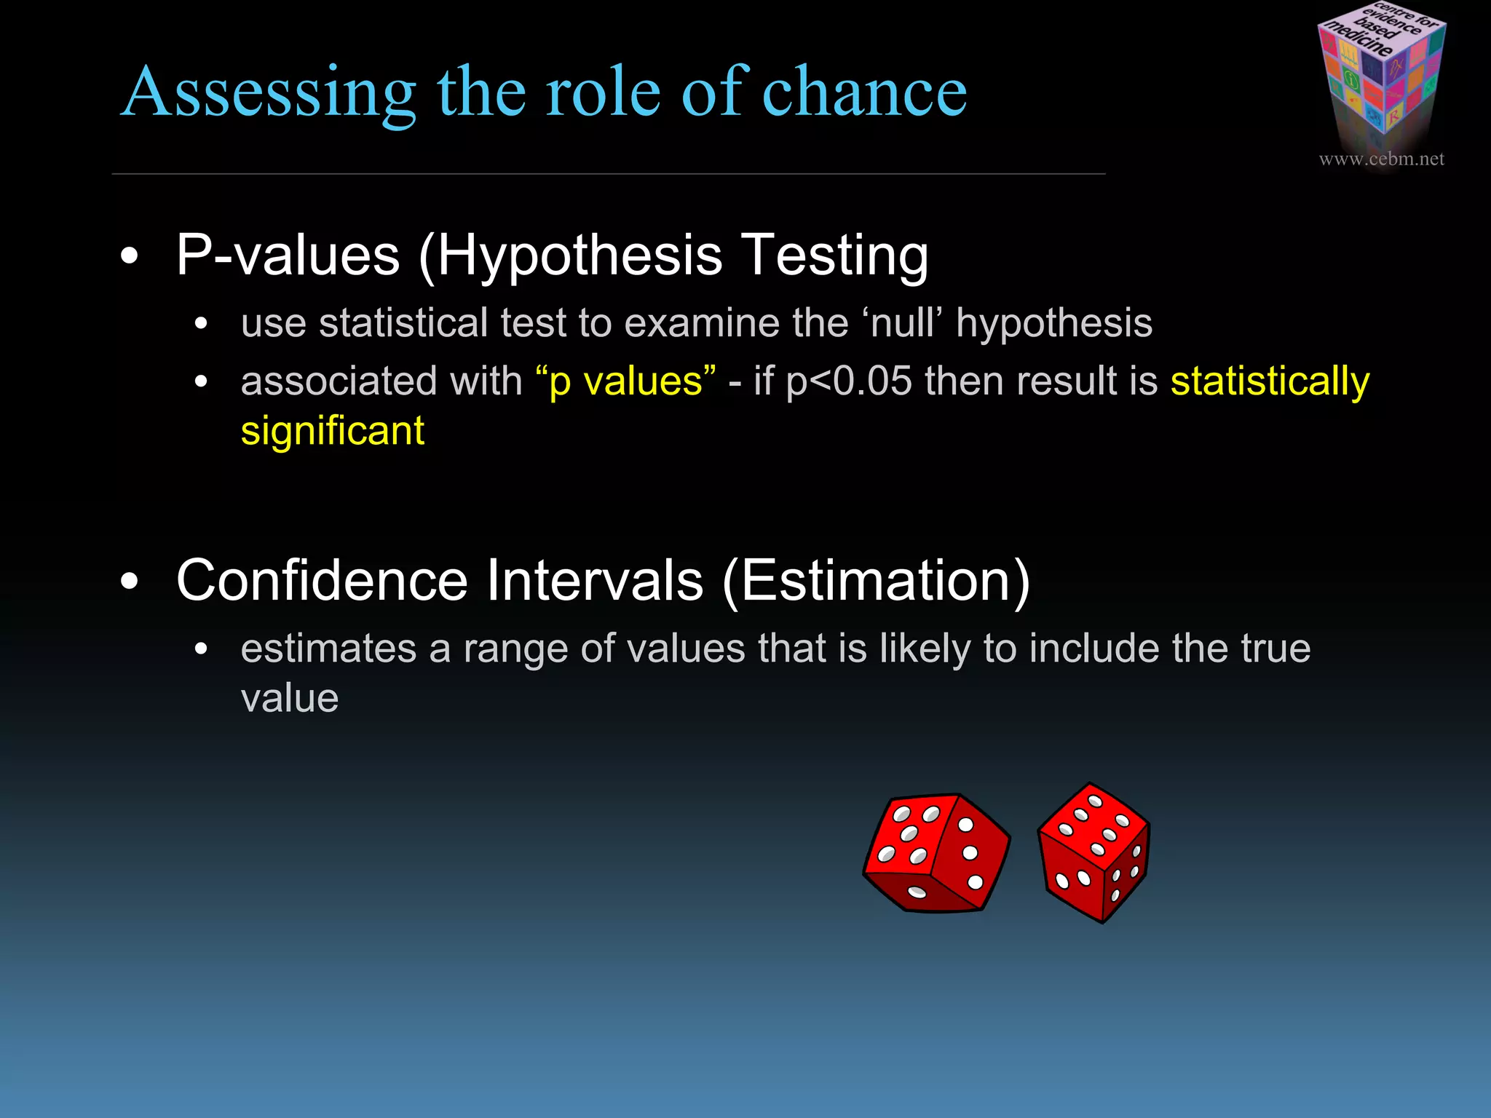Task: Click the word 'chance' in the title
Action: coord(864,92)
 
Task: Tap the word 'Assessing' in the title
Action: coord(268,93)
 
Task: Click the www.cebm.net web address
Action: coord(1381,159)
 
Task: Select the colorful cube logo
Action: coord(1381,73)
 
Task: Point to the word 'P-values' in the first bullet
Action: coord(288,255)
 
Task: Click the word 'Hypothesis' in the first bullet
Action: coord(580,257)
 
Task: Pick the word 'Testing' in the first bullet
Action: coord(834,257)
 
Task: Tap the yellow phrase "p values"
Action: coord(625,381)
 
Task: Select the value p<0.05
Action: coord(849,381)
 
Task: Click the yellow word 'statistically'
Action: coord(1270,381)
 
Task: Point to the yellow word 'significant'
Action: coord(332,432)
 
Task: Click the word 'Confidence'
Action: coord(322,581)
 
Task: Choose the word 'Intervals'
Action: coord(595,581)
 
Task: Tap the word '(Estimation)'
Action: coord(876,581)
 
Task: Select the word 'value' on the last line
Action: coord(290,699)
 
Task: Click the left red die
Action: coord(936,852)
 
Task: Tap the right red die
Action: coord(1094,852)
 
